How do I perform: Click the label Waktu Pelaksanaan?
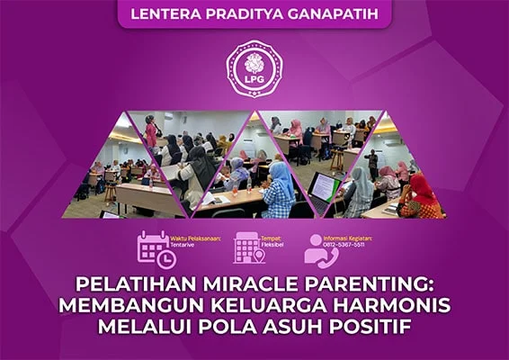pyautogui.click(x=196, y=238)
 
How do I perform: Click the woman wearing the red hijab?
pyautogui.click(x=424, y=194)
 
